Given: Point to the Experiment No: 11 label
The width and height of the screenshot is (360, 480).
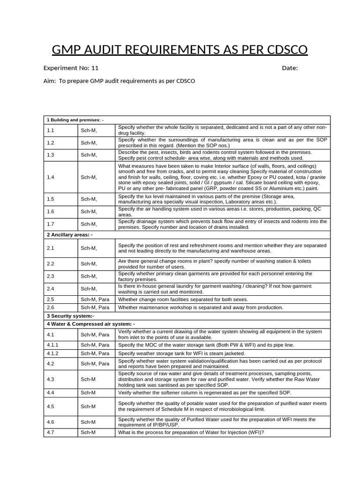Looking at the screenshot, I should click(x=71, y=68).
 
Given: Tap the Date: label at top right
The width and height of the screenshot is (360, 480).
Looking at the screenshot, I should click(x=290, y=68).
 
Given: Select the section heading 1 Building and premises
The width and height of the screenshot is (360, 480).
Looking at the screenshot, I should click(x=75, y=120).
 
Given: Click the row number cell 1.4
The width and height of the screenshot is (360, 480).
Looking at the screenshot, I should click(x=51, y=177).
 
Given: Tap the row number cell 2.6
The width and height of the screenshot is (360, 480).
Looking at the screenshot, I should click(x=51, y=307).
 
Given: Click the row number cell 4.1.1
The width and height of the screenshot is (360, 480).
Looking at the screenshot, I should click(x=52, y=345).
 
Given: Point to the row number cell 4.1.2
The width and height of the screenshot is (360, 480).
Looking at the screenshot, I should click(x=52, y=353).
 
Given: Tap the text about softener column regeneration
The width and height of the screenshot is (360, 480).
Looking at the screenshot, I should click(x=204, y=393).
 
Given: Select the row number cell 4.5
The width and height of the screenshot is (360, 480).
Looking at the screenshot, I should click(x=51, y=406).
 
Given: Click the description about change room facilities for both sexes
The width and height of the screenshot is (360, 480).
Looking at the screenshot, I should click(x=183, y=299).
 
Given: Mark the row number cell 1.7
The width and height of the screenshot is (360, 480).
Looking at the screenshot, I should click(x=51, y=224).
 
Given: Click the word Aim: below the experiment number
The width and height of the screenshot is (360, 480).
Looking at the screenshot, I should click(x=50, y=81).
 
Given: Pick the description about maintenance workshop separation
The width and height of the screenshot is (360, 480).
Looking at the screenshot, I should click(x=201, y=307).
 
